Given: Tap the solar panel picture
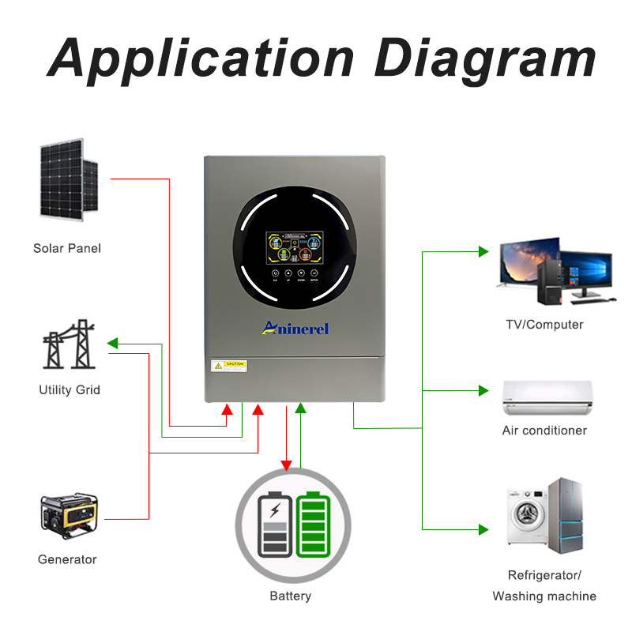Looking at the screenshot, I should click(x=67, y=179).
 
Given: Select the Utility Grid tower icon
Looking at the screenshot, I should click(x=69, y=345).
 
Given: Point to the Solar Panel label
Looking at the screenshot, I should click(x=67, y=249).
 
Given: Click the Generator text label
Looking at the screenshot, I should click(x=67, y=559).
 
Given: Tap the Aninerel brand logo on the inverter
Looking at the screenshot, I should click(x=294, y=328).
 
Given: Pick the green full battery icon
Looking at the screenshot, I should click(x=314, y=525).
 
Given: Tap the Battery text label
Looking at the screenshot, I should click(x=290, y=596).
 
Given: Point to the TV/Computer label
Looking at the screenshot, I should click(x=544, y=325).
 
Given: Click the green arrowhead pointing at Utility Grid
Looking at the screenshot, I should click(x=112, y=344).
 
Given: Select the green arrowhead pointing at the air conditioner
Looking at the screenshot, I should click(x=483, y=389).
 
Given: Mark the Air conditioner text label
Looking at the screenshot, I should click(x=544, y=431).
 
